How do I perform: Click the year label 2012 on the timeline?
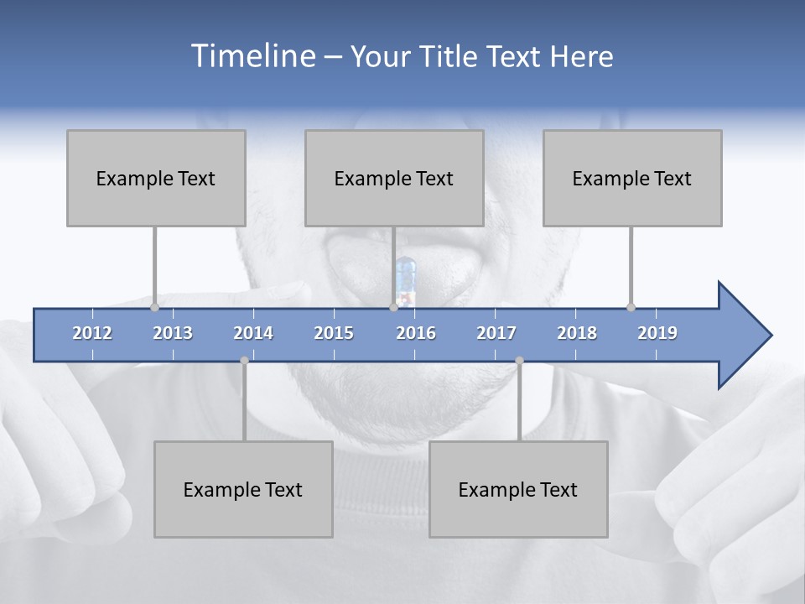[92, 333]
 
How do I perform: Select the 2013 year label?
[173, 333]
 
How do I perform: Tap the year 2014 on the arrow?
[253, 333]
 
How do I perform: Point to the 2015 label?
[334, 333]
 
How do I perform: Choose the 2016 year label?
[416, 333]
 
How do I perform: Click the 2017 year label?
[496, 333]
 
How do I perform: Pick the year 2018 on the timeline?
[577, 333]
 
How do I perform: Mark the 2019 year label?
[657, 333]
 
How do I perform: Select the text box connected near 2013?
[156, 178]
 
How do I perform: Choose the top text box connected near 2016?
[394, 178]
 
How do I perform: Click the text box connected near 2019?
[632, 178]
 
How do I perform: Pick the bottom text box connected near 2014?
[243, 489]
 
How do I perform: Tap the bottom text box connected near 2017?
[518, 489]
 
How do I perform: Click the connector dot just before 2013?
[155, 307]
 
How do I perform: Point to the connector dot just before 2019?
[631, 307]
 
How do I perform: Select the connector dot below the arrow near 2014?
[244, 361]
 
